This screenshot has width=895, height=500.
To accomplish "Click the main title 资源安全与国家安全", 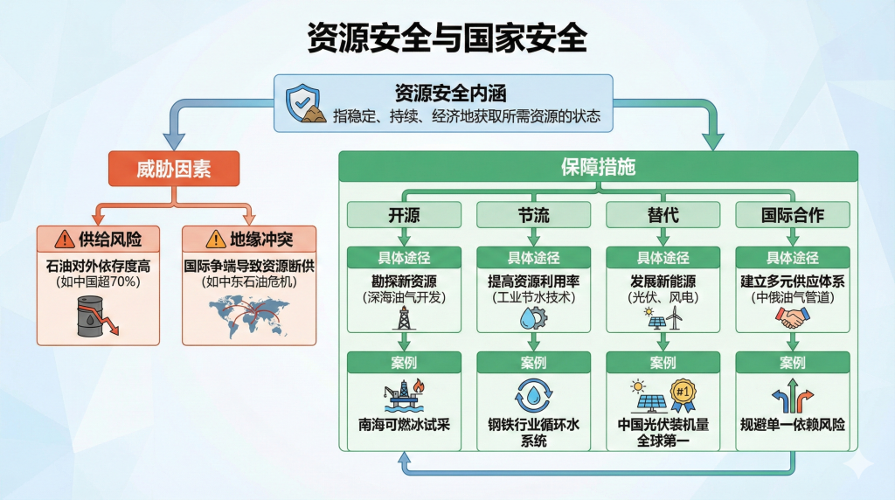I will pyautogui.click(x=447, y=38).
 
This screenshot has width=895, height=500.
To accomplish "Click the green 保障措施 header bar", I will pyautogui.click(x=598, y=167).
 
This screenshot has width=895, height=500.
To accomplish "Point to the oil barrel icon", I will pyautogui.click(x=93, y=316).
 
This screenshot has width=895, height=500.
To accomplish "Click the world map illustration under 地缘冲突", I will pyautogui.click(x=248, y=315).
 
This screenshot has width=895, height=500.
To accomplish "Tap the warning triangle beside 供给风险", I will pyautogui.click(x=64, y=239).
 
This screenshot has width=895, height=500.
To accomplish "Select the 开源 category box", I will pyautogui.click(x=403, y=215).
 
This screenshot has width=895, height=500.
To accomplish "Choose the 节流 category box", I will pyautogui.click(x=532, y=215).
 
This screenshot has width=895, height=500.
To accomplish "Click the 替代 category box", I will pyautogui.click(x=663, y=215).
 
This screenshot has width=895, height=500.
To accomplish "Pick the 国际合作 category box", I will pyautogui.click(x=792, y=215).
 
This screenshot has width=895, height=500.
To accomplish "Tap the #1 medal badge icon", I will pyautogui.click(x=683, y=392).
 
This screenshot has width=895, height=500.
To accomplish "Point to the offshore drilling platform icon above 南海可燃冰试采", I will pyautogui.click(x=403, y=394).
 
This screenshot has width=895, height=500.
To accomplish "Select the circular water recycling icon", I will pyautogui.click(x=531, y=394).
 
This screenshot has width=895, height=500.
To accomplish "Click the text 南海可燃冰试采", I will pyautogui.click(x=403, y=425).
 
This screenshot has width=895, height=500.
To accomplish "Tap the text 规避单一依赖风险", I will pyautogui.click(x=792, y=425).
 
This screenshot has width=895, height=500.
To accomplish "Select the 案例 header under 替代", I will pyautogui.click(x=663, y=363).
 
